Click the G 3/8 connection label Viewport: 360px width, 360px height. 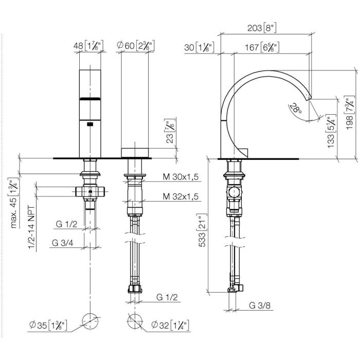[260, 305]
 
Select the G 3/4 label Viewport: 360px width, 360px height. [62, 243]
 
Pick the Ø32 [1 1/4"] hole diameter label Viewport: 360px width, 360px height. [170, 325]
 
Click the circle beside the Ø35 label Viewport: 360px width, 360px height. [90, 321]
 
